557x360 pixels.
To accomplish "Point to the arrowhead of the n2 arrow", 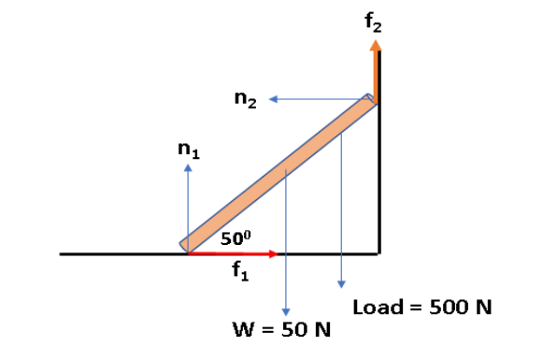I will pos(274,98).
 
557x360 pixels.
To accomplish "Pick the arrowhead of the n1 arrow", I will pos(188,169).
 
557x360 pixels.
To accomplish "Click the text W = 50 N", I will pos(278,330).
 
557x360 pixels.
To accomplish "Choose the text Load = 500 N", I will pos(422,308).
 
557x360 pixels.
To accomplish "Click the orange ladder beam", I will pos(280,173).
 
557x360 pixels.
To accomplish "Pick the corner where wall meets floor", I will pos(378,253).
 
